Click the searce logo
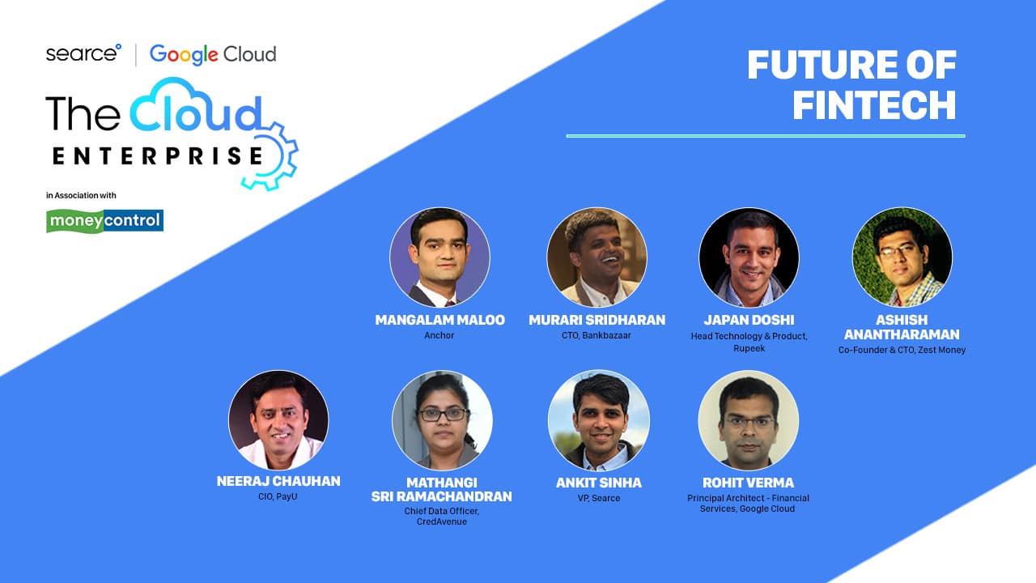click(x=83, y=53)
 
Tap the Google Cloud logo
click(x=213, y=54)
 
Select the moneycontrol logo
click(x=104, y=221)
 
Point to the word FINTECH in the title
click(x=874, y=105)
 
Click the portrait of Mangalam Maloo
click(x=439, y=257)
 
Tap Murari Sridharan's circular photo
click(x=597, y=257)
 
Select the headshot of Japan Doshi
click(x=749, y=257)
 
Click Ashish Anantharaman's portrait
click(x=902, y=257)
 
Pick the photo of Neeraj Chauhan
click(x=278, y=419)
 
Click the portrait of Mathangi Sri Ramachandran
click(x=442, y=419)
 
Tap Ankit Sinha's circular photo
click(x=598, y=419)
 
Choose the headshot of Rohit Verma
click(x=749, y=419)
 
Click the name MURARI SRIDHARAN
click(x=597, y=320)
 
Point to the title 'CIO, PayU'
click(x=278, y=496)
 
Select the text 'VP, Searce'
click(x=599, y=498)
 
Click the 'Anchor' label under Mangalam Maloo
click(x=439, y=335)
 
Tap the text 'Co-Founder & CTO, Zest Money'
click(x=902, y=351)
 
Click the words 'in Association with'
click(x=81, y=195)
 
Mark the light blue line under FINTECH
click(x=766, y=136)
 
